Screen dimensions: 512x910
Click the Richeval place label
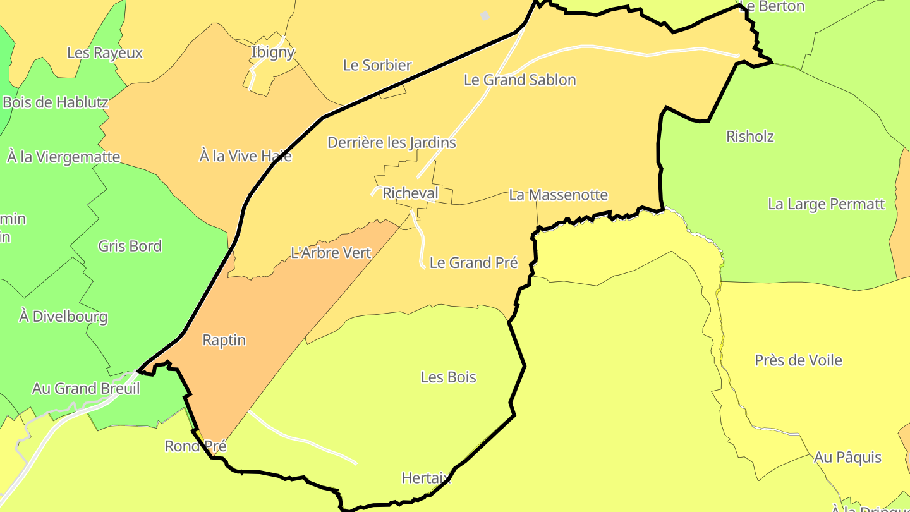coord(410,193)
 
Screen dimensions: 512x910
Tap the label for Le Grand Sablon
coord(519,80)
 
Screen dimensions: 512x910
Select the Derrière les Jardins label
coord(391,143)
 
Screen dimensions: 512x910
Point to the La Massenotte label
coord(558,195)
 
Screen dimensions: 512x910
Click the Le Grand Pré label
coord(473,263)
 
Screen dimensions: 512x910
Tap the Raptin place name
coord(224,340)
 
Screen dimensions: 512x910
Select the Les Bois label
coord(448,377)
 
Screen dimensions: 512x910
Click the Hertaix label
coord(427,478)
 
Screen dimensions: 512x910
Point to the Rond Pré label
coord(195,446)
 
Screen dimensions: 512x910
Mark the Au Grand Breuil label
coord(86,389)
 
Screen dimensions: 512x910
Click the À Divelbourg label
coord(63,317)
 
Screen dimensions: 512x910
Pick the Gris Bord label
coord(130,247)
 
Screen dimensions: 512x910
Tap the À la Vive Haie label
coord(245,156)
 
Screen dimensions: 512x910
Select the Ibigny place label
coord(273,52)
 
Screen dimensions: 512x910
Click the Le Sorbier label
coord(377,65)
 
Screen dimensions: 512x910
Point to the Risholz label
coord(749,137)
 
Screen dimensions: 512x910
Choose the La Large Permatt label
coord(826,204)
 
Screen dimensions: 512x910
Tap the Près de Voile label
coord(798,360)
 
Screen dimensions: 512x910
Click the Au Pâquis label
coord(847,457)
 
